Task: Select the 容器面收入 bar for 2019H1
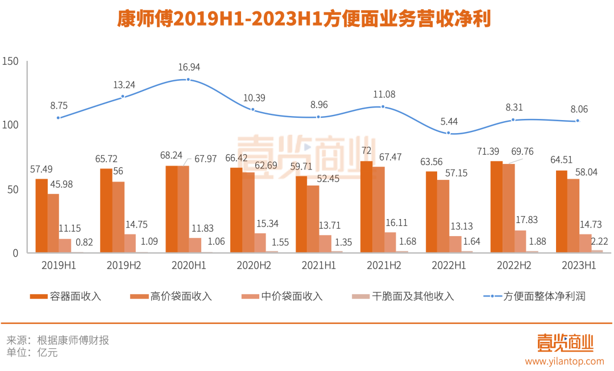pos(42,216)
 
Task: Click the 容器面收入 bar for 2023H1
pos(561,211)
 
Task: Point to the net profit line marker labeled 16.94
pos(188,80)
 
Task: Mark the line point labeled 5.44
pos(449,133)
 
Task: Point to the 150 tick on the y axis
pos(11,61)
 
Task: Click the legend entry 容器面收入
pos(65,296)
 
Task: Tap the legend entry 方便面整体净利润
pos(534,296)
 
